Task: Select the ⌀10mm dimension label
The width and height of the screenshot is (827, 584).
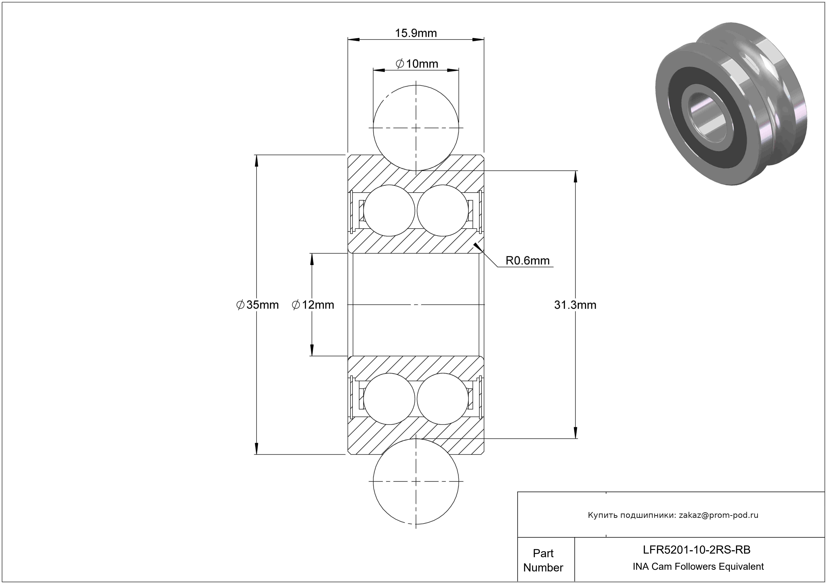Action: click(x=417, y=64)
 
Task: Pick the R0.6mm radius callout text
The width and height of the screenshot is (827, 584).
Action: click(x=528, y=260)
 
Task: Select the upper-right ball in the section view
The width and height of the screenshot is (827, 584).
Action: click(x=443, y=211)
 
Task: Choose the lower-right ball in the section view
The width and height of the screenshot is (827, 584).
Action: click(x=443, y=399)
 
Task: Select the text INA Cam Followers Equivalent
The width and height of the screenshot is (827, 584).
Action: click(x=698, y=566)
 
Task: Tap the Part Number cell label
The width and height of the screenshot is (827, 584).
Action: click(x=543, y=560)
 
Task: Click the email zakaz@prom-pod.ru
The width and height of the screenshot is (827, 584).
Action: click(x=719, y=515)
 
